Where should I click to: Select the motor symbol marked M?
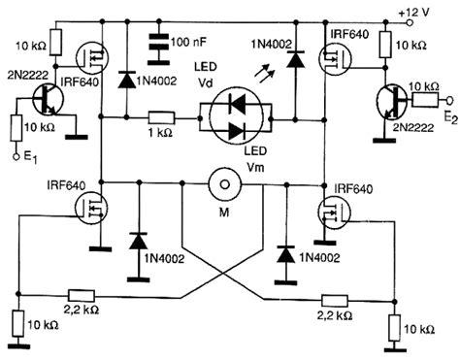pyautogui.click(x=223, y=182)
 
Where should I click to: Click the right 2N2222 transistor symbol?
pyautogui.click(x=392, y=98)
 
